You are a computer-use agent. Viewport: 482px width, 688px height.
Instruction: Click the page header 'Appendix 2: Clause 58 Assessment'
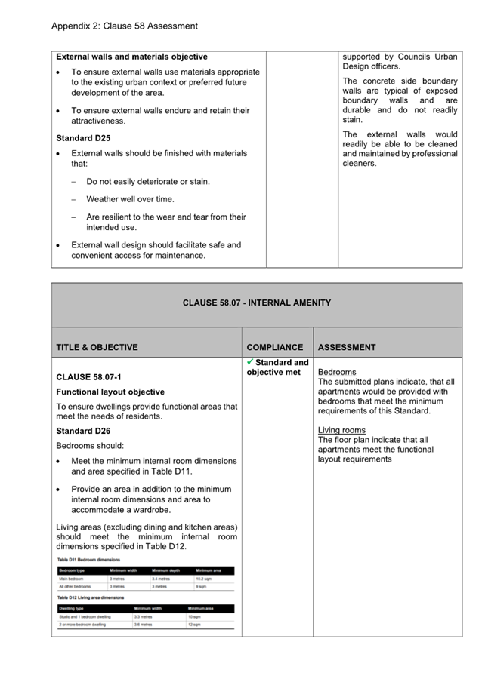[x=125, y=26]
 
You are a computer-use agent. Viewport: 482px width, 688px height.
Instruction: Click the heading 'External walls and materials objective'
[x=132, y=57]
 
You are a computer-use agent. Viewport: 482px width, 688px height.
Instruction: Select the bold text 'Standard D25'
[x=83, y=138]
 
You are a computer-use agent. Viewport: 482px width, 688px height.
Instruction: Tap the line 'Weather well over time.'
[x=130, y=199]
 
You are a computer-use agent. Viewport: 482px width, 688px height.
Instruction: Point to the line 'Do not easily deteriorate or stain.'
[x=148, y=182]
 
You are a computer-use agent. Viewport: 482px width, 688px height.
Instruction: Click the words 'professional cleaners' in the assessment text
[x=400, y=158]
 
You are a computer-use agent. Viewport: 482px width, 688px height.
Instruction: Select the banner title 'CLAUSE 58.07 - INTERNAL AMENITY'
[x=257, y=303]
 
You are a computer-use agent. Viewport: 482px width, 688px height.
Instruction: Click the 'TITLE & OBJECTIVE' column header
[x=97, y=348]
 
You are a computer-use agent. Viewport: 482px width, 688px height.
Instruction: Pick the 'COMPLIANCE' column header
[x=275, y=348]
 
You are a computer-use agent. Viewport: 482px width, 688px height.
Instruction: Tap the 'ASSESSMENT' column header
[x=347, y=348]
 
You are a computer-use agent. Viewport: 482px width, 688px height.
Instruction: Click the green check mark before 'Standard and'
[x=250, y=362]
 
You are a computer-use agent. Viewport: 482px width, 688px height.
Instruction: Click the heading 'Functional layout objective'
[x=110, y=392]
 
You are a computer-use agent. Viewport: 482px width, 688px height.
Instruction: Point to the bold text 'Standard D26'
[x=83, y=431]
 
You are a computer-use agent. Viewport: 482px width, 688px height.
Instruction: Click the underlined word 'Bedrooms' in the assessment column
[x=337, y=373]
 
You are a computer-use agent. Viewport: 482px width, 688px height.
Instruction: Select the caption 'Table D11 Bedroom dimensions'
[x=89, y=560]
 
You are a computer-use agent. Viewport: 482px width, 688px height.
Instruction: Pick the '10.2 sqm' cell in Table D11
[x=205, y=578]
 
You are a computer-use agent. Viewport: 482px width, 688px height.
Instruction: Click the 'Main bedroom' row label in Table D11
[x=73, y=578]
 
